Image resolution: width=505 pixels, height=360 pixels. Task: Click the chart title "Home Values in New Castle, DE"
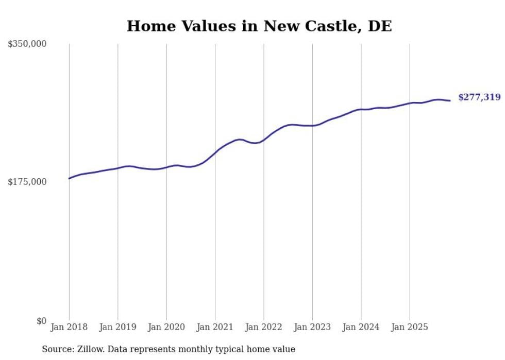click(259, 26)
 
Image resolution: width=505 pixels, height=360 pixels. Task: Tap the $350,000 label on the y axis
click(27, 44)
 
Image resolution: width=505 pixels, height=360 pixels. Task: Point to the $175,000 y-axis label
click(27, 182)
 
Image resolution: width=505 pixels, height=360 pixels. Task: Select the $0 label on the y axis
click(41, 321)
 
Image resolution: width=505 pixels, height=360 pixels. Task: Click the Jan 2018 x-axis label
click(69, 327)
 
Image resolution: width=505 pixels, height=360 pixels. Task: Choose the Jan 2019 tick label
click(118, 327)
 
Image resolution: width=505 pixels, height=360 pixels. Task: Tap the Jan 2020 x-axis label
click(166, 327)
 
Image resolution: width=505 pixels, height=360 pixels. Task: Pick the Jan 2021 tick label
click(215, 327)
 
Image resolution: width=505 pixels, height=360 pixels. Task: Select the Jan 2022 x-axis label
click(264, 327)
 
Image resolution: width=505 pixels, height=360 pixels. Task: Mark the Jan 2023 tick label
click(312, 327)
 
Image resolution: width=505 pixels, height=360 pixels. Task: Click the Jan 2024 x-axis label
click(361, 327)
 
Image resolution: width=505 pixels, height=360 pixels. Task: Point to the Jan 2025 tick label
click(410, 327)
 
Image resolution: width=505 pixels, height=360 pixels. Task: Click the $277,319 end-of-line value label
click(479, 97)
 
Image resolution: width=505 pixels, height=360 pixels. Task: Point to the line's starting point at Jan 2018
click(69, 178)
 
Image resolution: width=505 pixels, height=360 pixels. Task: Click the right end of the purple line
click(450, 100)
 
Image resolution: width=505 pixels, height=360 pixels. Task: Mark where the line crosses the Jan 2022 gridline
click(264, 140)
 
